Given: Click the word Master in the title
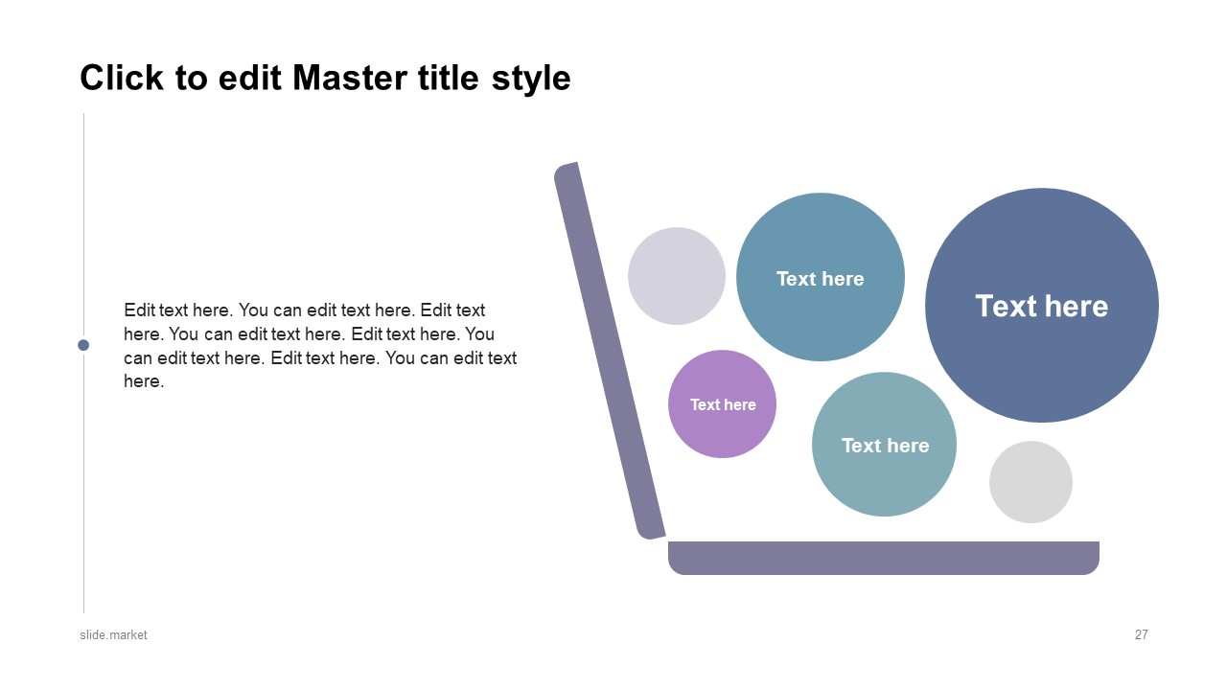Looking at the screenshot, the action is coord(349,78).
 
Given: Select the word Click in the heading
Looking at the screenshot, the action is coord(122,78).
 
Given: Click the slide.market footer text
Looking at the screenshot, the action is coord(113,634).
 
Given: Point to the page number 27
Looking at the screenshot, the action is coord(1141,634).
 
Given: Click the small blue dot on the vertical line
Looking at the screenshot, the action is coord(83,345).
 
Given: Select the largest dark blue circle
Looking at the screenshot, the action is coord(1042,305).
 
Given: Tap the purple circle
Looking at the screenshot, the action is coord(722,404).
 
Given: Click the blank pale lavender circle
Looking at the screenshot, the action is coord(677,276).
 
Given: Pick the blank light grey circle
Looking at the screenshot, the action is coord(1030,482).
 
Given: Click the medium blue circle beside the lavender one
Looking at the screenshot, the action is coord(821,277).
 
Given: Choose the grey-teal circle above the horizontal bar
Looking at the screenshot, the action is coord(884,444).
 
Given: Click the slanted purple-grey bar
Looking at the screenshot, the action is coord(610,351).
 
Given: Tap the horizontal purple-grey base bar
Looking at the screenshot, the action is coord(884,558).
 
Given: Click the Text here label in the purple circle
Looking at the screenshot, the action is coord(723,404).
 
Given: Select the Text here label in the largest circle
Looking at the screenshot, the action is coord(1042,306).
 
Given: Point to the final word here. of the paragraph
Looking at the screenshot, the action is coord(144,381).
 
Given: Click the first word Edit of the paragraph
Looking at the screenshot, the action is coord(139,310).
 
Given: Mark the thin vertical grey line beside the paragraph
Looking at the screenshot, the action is coord(83,363).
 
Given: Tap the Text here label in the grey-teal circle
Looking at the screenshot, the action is coord(885,446).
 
